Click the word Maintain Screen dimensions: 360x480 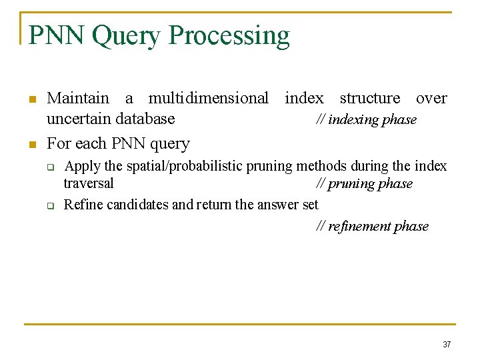(x=78, y=99)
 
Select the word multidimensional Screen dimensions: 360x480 (x=208, y=99)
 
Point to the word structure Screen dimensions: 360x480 (x=370, y=99)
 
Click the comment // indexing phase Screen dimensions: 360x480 (x=365, y=120)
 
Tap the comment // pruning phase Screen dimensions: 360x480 (x=364, y=183)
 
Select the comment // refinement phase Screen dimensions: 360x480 (x=372, y=227)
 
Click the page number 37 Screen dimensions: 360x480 (x=447, y=345)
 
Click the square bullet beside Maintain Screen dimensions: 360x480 (x=31, y=100)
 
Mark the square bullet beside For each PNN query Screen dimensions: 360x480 (x=31, y=145)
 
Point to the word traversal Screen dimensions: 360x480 (x=89, y=183)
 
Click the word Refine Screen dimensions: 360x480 (x=82, y=205)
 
